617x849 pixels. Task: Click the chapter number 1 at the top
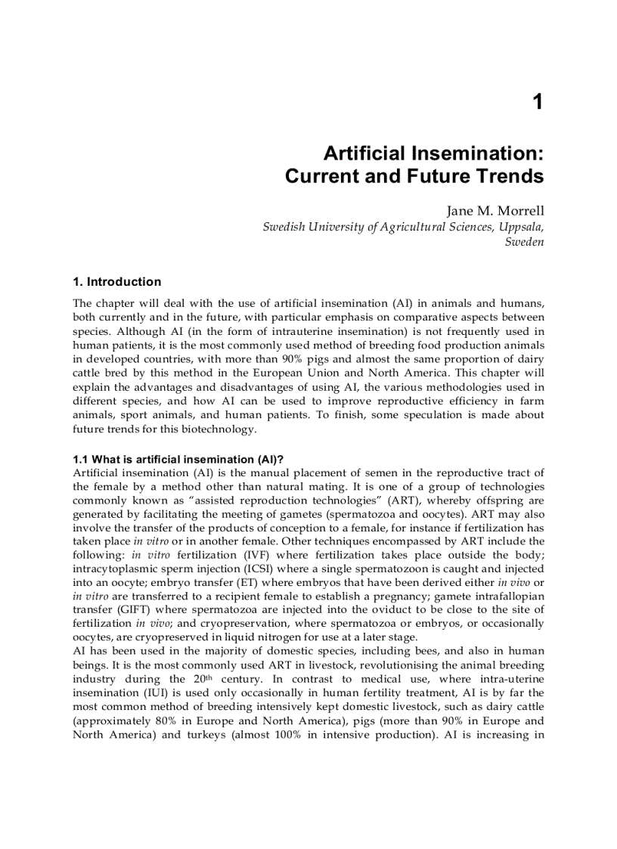(x=538, y=102)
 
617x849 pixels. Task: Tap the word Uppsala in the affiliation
(x=521, y=227)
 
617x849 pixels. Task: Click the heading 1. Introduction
(x=116, y=282)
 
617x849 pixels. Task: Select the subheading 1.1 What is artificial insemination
(x=177, y=460)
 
